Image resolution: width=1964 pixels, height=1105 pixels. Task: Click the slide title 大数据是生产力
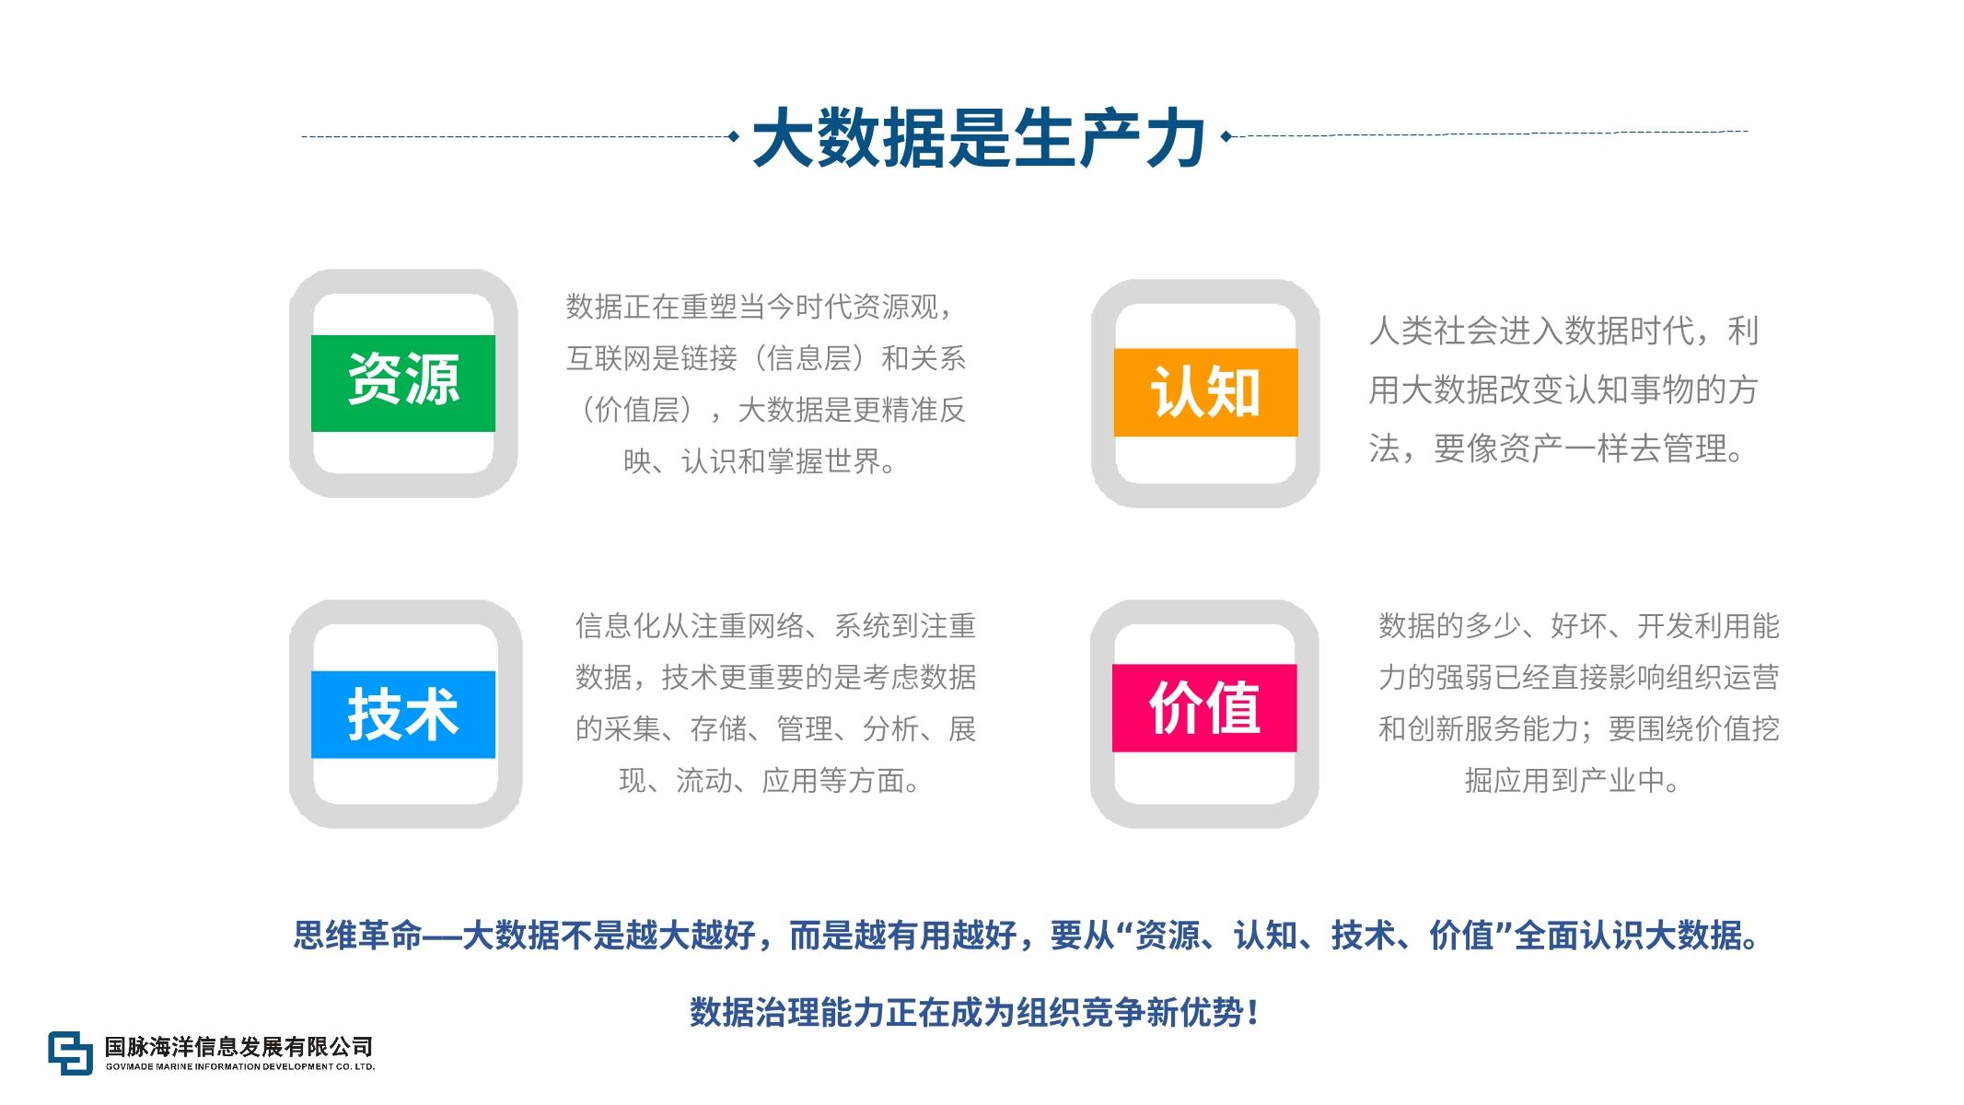980,138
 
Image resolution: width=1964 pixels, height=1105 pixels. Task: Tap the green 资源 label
403,383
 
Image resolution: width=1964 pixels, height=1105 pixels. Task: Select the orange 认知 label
1205,392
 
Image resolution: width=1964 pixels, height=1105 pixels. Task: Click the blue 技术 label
403,715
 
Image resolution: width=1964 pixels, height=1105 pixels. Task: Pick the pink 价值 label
1204,708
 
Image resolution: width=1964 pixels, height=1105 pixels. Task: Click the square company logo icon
71,1053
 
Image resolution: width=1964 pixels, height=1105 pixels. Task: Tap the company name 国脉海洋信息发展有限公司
239,1046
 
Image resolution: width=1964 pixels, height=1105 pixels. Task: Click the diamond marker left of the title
733,137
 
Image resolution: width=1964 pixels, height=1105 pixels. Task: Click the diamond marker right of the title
1226,137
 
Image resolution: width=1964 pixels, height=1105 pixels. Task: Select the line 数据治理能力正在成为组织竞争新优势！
976,1013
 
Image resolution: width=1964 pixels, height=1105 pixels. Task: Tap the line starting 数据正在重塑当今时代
761,307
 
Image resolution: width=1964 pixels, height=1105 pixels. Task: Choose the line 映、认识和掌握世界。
761,461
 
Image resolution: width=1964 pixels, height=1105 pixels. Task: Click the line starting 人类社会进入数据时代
1563,331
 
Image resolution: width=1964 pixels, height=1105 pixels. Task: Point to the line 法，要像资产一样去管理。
1557,448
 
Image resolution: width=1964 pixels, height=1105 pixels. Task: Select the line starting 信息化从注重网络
775,626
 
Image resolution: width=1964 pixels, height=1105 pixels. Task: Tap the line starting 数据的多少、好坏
1578,626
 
